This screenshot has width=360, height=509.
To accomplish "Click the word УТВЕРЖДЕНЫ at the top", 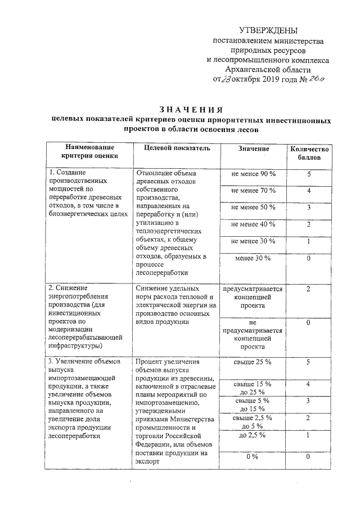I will pyautogui.click(x=269, y=30).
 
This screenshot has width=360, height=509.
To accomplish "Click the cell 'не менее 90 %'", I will pyautogui.click(x=253, y=174).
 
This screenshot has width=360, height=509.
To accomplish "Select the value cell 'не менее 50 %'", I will pyautogui.click(x=253, y=208).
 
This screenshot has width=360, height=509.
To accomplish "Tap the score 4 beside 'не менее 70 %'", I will pyautogui.click(x=309, y=191).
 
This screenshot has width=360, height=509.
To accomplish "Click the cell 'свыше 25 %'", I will pyautogui.click(x=253, y=362).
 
